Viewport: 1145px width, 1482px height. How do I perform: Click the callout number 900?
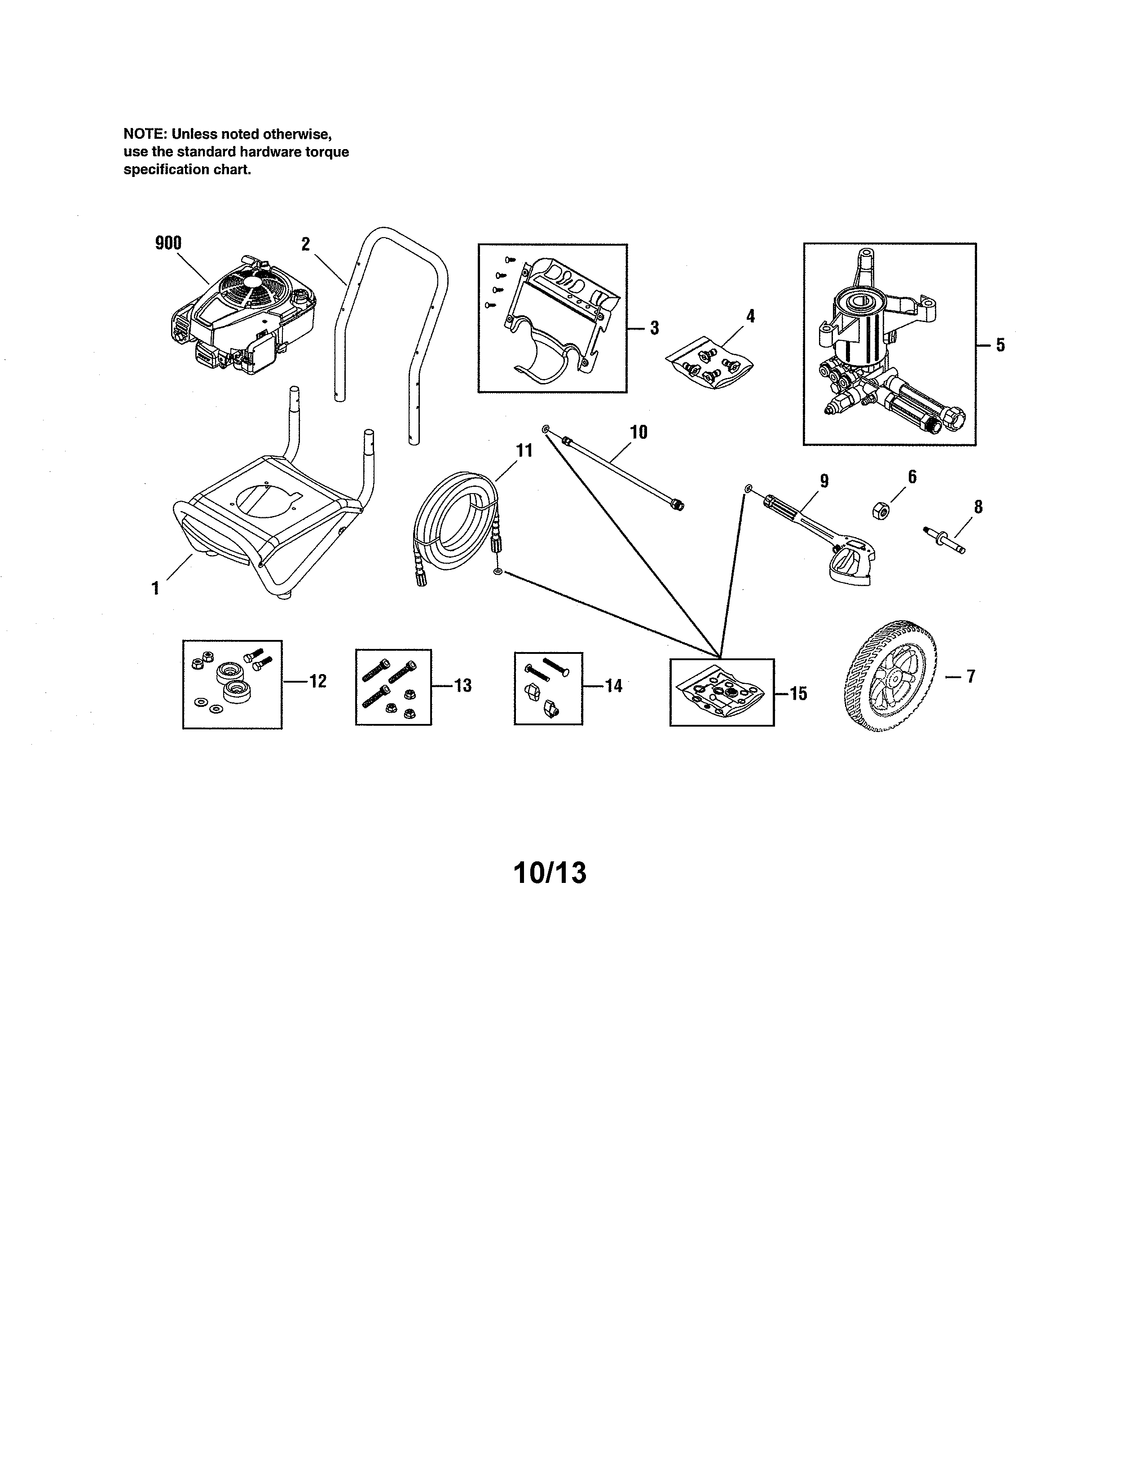(168, 243)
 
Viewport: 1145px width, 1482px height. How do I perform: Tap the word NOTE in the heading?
(141, 134)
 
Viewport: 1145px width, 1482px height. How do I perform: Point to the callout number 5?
(1000, 345)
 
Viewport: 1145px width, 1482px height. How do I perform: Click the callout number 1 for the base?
(155, 588)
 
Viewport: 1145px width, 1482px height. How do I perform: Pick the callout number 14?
(613, 686)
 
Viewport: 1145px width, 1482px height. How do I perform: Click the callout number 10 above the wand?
(639, 432)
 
